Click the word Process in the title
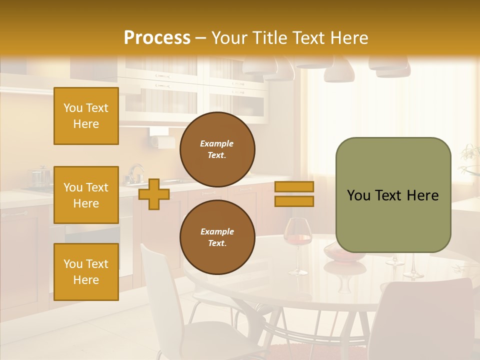click(x=157, y=38)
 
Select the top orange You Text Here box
click(x=86, y=116)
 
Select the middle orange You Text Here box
click(x=86, y=195)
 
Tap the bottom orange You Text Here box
click(x=86, y=271)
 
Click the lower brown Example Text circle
click(x=217, y=237)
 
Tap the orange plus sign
click(x=153, y=194)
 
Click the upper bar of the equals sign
click(x=294, y=187)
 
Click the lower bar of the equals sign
click(x=294, y=201)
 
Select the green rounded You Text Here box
click(x=393, y=195)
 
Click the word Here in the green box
click(x=422, y=195)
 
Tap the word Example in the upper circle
click(x=217, y=143)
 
